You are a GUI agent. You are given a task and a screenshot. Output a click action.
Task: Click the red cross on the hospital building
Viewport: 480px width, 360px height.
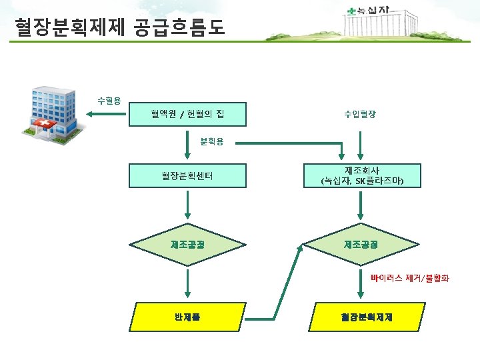tap(45, 125)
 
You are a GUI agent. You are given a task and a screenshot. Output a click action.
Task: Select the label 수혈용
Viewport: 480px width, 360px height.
tap(109, 101)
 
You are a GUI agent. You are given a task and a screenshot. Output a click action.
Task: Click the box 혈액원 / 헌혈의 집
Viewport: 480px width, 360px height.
tap(187, 115)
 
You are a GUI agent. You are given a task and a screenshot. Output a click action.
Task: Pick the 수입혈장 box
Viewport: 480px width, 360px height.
tap(360, 115)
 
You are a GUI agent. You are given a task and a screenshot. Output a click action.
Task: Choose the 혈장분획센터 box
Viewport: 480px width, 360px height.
tap(187, 176)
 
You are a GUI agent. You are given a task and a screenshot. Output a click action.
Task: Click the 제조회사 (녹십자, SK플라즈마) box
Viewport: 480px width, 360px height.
tap(361, 176)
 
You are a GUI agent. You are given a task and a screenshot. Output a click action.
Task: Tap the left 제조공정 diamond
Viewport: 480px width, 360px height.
tap(187, 245)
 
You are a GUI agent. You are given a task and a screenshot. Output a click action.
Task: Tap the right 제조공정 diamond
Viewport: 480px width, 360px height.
tap(361, 245)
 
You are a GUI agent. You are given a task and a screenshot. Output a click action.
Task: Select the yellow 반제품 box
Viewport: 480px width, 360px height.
tap(187, 316)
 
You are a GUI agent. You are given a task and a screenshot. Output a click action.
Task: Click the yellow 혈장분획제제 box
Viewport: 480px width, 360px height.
tap(361, 316)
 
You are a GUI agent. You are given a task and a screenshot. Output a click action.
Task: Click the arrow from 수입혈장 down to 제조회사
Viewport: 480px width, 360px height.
tap(361, 143)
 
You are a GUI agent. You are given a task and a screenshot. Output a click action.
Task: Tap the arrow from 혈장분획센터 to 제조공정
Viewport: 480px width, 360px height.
tap(187, 207)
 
